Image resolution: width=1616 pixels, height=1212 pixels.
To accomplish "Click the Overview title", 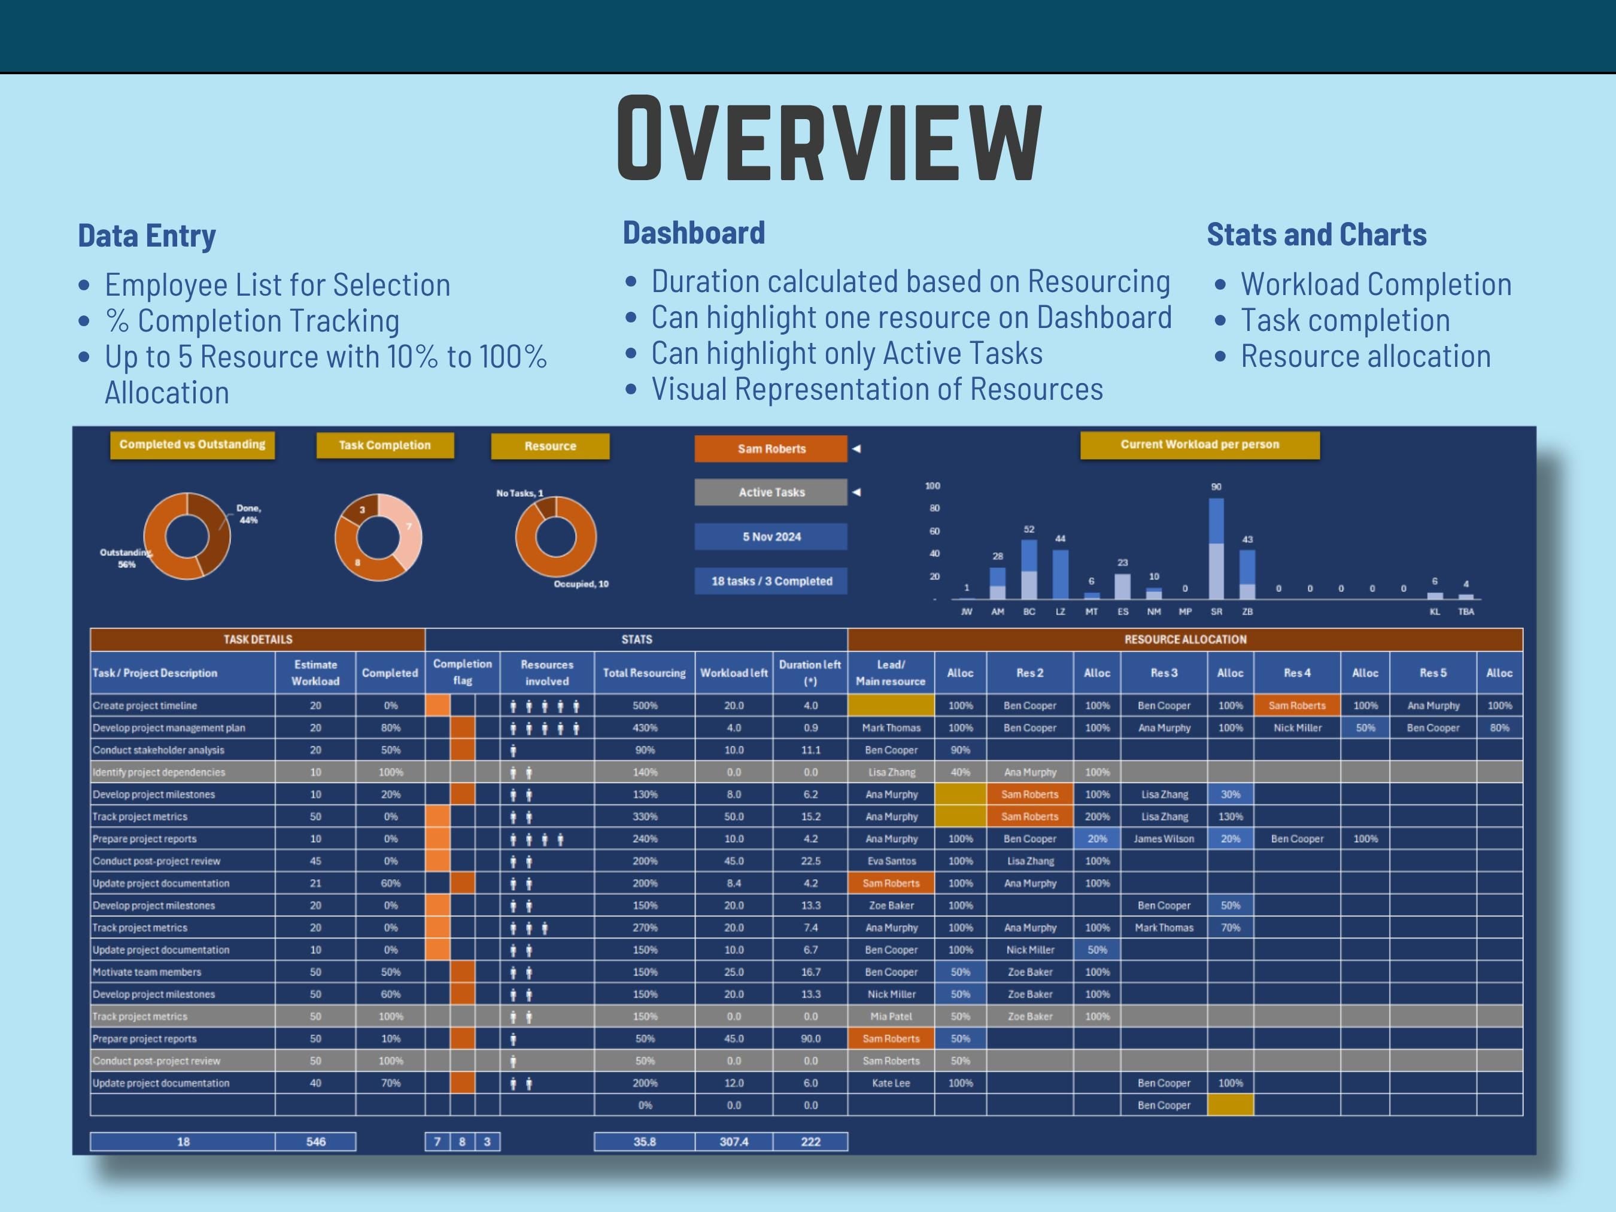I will pos(828,138).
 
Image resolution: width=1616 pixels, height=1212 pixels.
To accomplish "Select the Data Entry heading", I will pos(147,236).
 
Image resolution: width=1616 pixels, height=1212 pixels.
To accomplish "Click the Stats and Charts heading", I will pos(1316,235).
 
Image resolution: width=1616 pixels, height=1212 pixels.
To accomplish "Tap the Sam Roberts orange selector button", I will pos(771,448).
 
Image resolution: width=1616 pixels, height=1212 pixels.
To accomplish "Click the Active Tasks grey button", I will pos(771,493).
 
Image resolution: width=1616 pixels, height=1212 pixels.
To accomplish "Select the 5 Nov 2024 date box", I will pos(771,537).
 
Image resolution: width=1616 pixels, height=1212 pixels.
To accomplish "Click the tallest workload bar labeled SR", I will pos(1216,548).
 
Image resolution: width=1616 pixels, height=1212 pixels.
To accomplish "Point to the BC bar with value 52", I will pos(1029,570).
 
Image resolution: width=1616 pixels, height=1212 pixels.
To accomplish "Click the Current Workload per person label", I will pos(1199,445).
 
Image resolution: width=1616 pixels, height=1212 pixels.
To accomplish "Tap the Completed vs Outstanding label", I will pos(192,445).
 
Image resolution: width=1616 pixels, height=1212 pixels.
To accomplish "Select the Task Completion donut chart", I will pos(378,537).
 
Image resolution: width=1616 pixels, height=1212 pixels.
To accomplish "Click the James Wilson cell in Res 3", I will pos(1164,839).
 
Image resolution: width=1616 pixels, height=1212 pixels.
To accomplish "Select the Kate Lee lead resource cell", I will pos(891,1083).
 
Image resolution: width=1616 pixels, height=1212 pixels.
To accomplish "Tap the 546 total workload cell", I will pos(315,1141).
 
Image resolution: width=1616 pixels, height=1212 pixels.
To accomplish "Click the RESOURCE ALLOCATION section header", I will pos(1185,639).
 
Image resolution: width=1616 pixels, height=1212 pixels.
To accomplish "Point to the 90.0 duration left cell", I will pos(810,1038).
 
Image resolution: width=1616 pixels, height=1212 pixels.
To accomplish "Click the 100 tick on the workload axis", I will pos(933,486).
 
